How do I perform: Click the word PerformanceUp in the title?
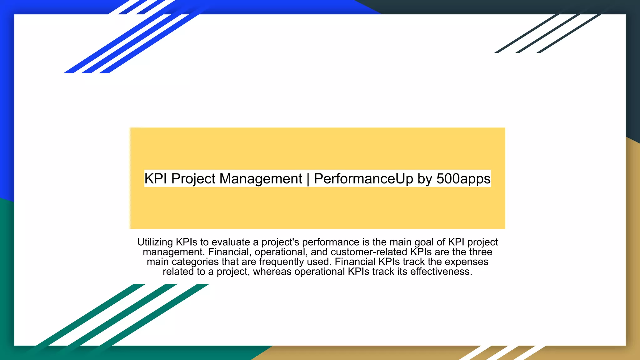(x=363, y=179)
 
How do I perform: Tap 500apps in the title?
(x=463, y=179)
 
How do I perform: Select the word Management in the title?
(x=261, y=179)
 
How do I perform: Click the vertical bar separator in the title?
(x=308, y=179)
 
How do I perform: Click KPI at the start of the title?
(x=156, y=179)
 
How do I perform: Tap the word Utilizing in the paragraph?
(x=155, y=242)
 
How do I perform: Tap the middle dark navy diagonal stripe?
(x=547, y=34)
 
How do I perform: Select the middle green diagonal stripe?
(x=122, y=316)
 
